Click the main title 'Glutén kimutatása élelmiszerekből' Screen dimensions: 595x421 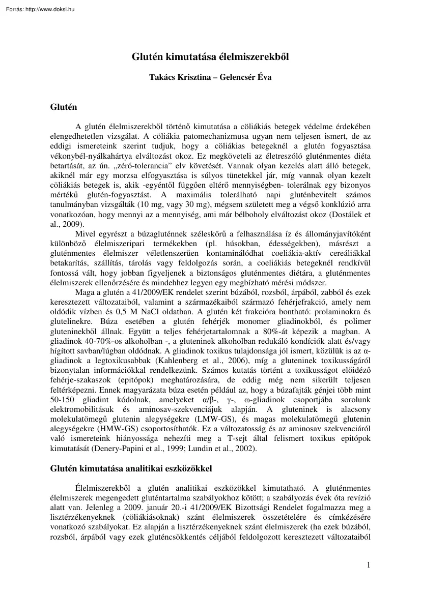click(x=210, y=57)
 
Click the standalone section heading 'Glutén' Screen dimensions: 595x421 click(x=63, y=107)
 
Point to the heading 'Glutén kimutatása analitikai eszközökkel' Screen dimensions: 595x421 click(x=130, y=467)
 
